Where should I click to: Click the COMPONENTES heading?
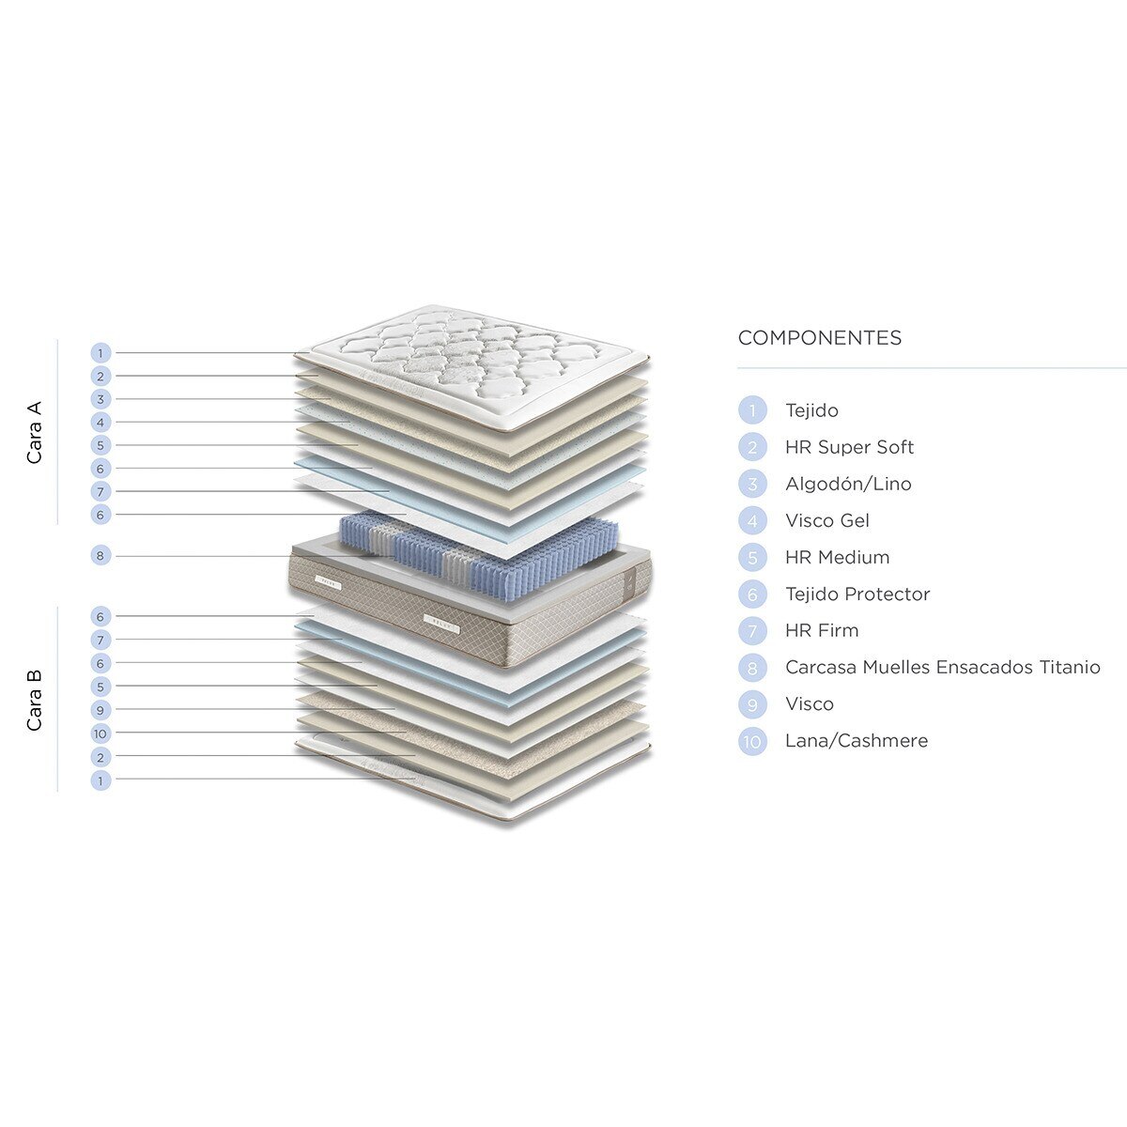pos(819,338)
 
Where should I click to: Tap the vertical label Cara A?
pos(35,432)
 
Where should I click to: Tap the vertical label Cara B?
pos(35,700)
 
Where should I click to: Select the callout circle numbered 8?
pos(100,556)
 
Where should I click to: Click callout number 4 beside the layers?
pos(100,423)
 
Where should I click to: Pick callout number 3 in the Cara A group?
pos(100,399)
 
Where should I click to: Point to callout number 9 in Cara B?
pos(100,710)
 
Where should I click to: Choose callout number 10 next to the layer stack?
pos(100,733)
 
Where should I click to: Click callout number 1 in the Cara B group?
pos(100,780)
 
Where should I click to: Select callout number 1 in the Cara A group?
pos(100,353)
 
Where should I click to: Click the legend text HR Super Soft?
pos(849,447)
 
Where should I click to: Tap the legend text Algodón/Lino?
pos(848,484)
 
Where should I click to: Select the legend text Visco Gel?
pos(827,520)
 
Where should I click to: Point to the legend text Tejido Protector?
pos(857,594)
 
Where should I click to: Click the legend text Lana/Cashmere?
pos(857,741)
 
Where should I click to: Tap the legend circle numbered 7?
pos(752,631)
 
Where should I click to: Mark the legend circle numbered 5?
pos(752,557)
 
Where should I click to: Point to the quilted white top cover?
pos(472,367)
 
